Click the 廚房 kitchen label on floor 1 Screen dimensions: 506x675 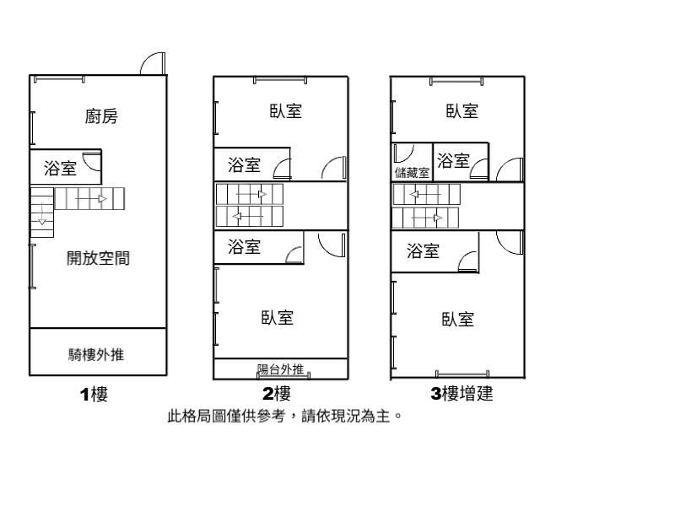101,116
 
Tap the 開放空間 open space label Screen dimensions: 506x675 99,259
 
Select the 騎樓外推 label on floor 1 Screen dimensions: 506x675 96,355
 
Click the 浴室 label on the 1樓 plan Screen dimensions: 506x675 60,169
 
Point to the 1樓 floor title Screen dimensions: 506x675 94,394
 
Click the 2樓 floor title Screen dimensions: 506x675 277,394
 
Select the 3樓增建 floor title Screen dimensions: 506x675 462,394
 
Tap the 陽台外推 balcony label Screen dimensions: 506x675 281,369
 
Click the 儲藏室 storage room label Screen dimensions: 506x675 412,173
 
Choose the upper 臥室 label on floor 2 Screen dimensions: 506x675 286,110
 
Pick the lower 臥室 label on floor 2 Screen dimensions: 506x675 278,318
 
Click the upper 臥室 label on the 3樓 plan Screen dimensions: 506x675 462,110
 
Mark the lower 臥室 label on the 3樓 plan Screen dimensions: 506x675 457,319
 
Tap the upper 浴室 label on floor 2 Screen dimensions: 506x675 244,164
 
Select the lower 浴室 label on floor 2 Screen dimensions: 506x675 244,247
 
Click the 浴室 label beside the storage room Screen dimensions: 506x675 454,160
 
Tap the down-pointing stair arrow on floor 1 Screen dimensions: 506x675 41,221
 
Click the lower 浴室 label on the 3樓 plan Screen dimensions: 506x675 423,250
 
